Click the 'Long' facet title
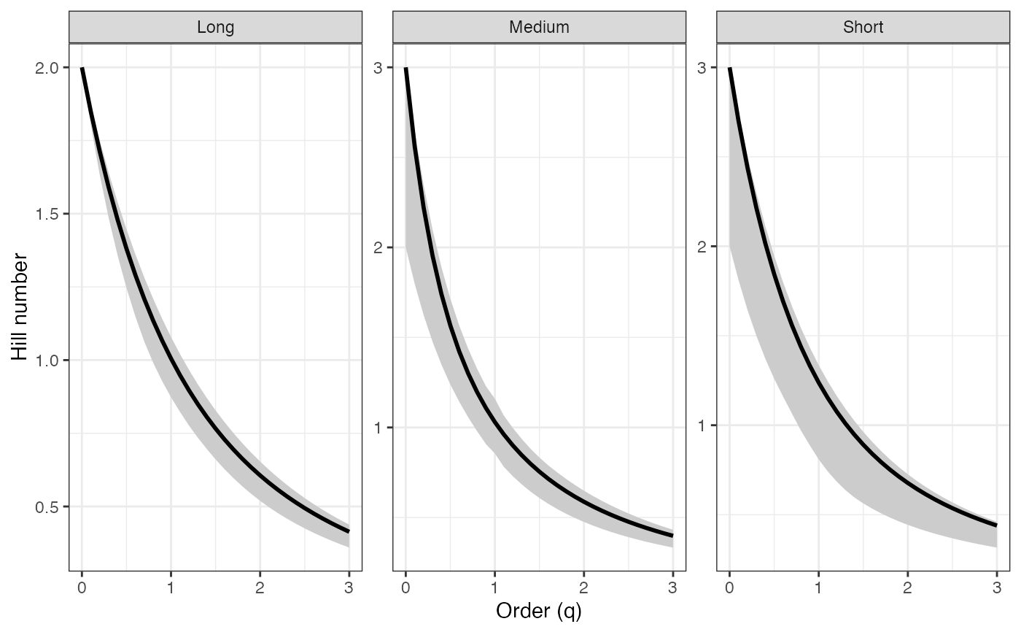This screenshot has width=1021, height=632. [x=215, y=28]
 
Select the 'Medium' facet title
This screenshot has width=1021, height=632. [x=539, y=28]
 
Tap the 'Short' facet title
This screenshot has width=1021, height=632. [x=863, y=28]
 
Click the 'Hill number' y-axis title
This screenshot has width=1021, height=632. [x=20, y=307]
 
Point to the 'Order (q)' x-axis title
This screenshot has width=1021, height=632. [x=539, y=612]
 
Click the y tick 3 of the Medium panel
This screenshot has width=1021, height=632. [x=379, y=68]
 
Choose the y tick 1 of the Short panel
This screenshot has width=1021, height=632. [x=703, y=425]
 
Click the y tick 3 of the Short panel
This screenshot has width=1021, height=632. [x=703, y=68]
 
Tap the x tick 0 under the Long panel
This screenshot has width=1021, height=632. [x=82, y=586]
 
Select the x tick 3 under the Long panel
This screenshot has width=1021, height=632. [x=349, y=586]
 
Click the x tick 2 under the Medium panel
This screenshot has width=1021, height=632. [x=583, y=586]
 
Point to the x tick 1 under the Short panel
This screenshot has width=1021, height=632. [x=818, y=586]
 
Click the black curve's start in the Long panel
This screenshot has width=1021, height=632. [x=82, y=69]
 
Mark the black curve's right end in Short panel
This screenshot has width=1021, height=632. [x=996, y=525]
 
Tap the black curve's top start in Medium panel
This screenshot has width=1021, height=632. [x=405, y=69]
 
